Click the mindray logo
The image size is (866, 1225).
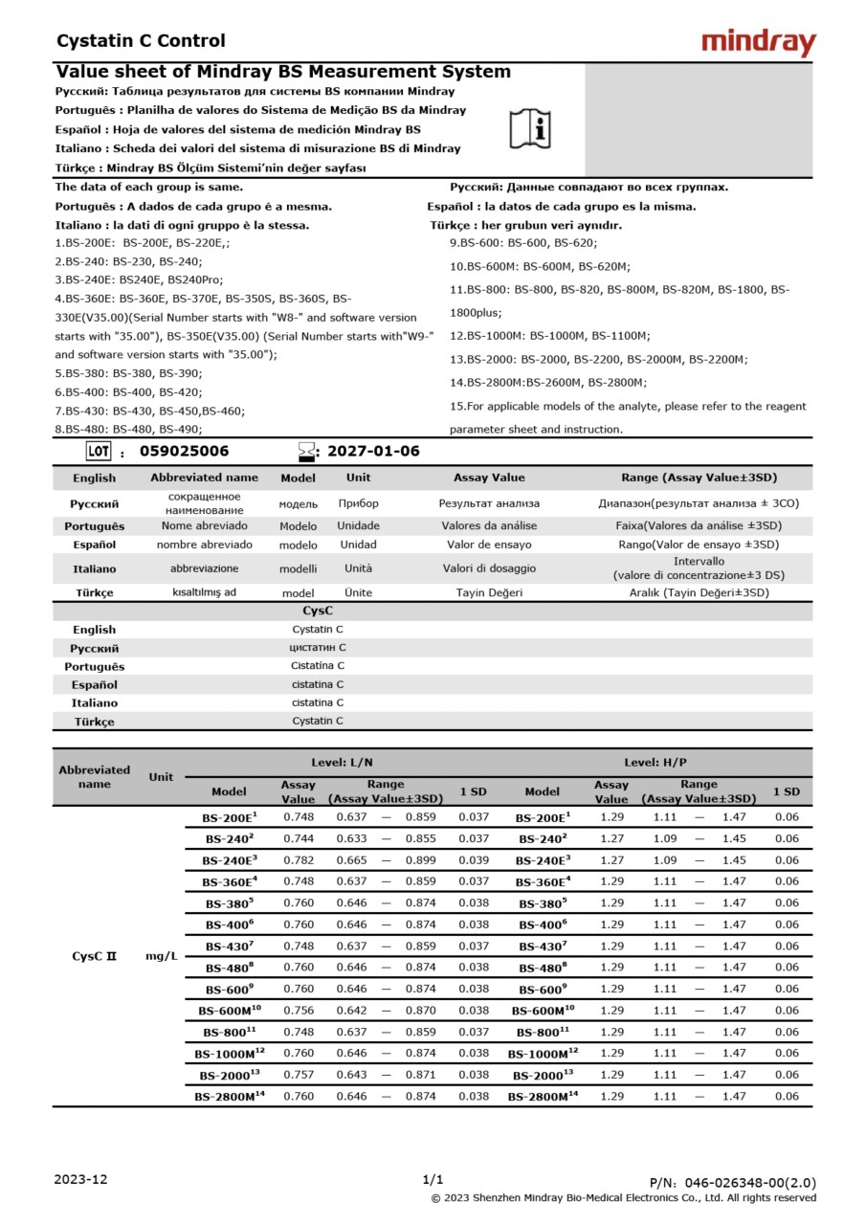(x=758, y=42)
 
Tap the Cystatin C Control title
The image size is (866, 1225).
(x=141, y=41)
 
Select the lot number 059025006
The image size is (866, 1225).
(x=184, y=452)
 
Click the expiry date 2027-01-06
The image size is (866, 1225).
(x=373, y=452)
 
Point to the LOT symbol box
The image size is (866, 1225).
(x=99, y=452)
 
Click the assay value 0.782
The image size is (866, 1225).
(x=298, y=859)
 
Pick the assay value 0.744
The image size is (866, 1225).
(x=298, y=838)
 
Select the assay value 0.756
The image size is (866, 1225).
(x=298, y=1011)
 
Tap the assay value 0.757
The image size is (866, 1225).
(x=298, y=1075)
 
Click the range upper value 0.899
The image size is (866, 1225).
(x=420, y=859)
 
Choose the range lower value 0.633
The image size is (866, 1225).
(x=351, y=838)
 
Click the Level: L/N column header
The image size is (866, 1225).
(x=342, y=763)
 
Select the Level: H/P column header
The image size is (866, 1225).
(x=655, y=763)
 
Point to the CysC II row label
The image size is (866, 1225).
(x=94, y=956)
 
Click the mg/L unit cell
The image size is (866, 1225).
(x=161, y=956)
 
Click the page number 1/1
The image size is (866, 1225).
(x=433, y=1179)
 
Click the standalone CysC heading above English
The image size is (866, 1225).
(x=318, y=610)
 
